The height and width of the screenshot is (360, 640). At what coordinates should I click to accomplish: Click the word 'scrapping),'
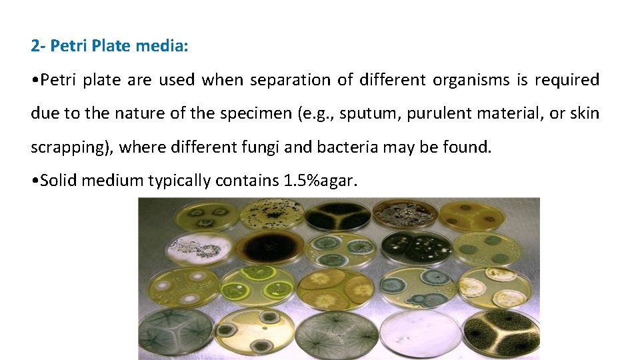pyautogui.click(x=73, y=147)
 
